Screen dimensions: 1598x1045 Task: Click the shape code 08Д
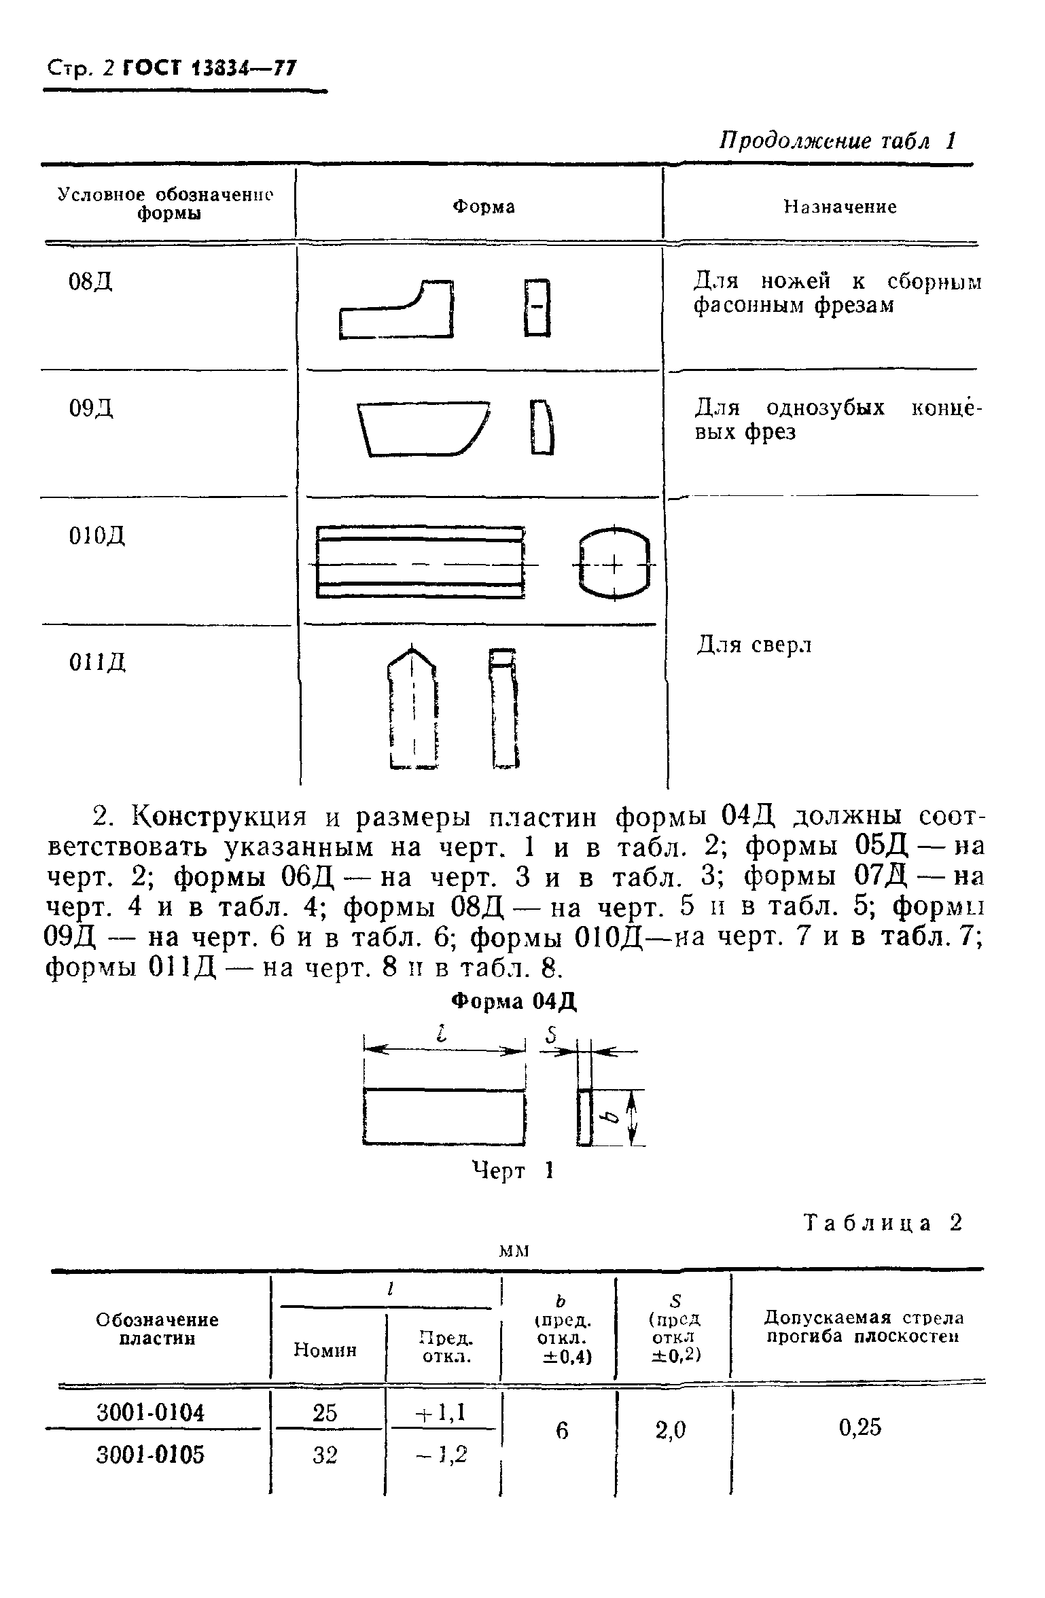[x=90, y=282]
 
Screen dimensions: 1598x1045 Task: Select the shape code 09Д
[x=91, y=408]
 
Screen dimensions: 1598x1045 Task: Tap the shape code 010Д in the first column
[x=96, y=537]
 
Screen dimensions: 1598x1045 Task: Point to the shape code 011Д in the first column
[x=97, y=661]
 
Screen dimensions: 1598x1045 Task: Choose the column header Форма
[x=484, y=207]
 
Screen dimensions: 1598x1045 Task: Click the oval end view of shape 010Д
[x=614, y=564]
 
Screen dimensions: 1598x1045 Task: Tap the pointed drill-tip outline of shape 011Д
[x=412, y=707]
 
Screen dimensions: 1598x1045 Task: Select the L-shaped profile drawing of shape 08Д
[x=397, y=310]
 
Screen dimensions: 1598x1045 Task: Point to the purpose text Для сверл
[x=754, y=645]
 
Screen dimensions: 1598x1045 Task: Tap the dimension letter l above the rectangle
[x=442, y=1035]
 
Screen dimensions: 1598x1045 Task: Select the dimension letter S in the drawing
[x=551, y=1035]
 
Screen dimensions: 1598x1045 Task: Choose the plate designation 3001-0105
[x=150, y=1455]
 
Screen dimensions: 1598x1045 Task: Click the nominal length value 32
[x=325, y=1455]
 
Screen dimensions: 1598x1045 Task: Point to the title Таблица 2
[x=883, y=1223]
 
